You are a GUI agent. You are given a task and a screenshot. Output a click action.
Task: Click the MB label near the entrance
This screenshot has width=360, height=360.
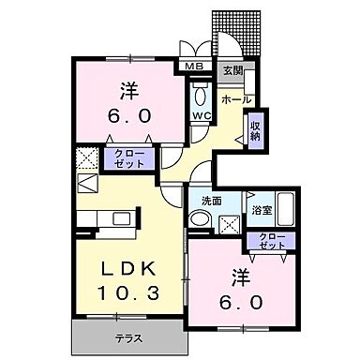194,67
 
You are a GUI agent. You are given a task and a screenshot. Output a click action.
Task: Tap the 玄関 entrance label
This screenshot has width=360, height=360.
232,70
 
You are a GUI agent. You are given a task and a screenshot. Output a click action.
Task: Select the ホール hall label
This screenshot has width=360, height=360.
234,97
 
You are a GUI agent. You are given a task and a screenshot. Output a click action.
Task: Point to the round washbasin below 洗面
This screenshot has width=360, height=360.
200,219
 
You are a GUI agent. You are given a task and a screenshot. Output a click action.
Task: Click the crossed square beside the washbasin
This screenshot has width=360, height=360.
228,223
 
